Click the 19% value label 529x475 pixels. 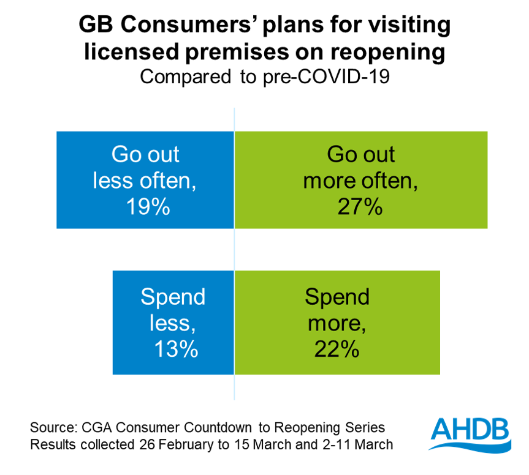(x=147, y=206)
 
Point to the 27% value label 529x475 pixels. (x=360, y=206)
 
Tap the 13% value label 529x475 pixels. (x=176, y=349)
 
